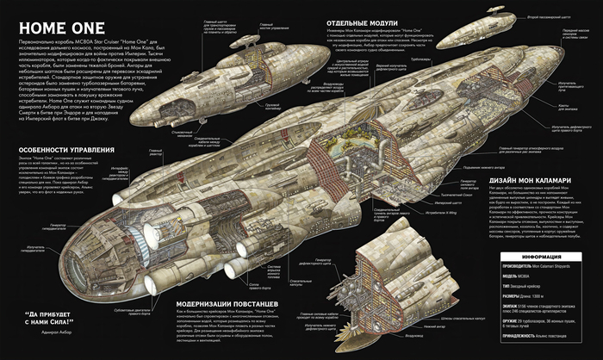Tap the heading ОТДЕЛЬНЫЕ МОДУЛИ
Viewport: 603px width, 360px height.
coord(371,23)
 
